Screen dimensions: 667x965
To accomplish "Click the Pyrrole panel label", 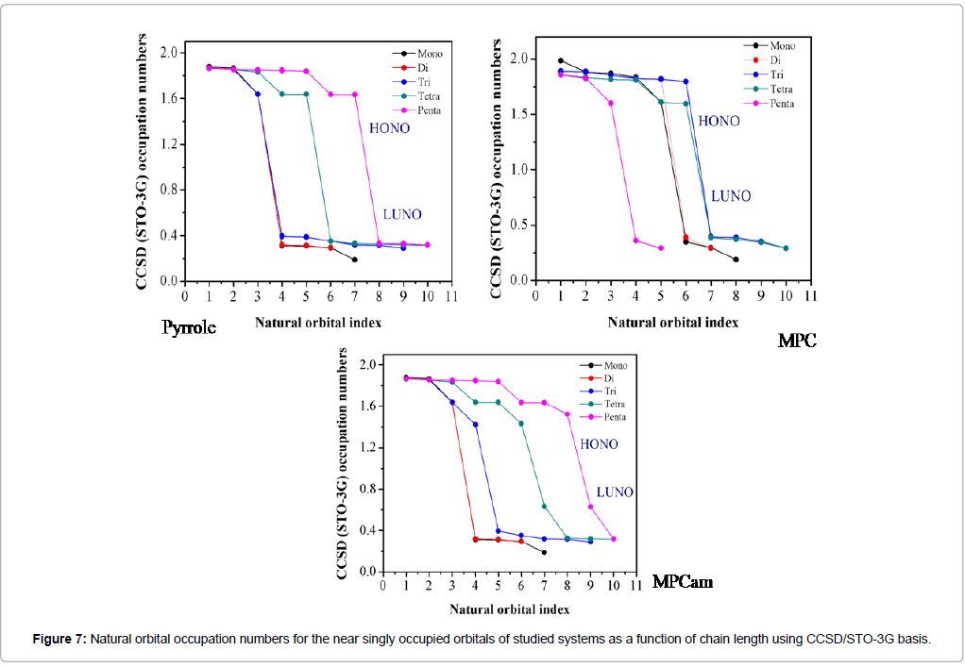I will coord(189,328).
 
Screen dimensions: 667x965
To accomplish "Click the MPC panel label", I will coord(797,341).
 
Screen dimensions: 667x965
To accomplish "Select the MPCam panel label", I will coord(682,582).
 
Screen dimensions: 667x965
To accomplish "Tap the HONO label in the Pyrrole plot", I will coord(389,127).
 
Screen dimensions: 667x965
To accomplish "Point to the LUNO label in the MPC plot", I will coord(731,196).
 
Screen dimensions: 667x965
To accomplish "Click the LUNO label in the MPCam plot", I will coord(614,492).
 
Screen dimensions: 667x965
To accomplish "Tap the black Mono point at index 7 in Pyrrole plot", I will coord(354,259).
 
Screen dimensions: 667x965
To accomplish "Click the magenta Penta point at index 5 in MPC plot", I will coord(661,248).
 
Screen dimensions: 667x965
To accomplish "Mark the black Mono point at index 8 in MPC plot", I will coord(736,259).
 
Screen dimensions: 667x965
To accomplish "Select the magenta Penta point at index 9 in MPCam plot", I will coord(590,507).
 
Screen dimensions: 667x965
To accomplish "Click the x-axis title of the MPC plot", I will coord(672,322).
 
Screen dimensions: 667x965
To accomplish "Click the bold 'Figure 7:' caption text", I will coord(59,639).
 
